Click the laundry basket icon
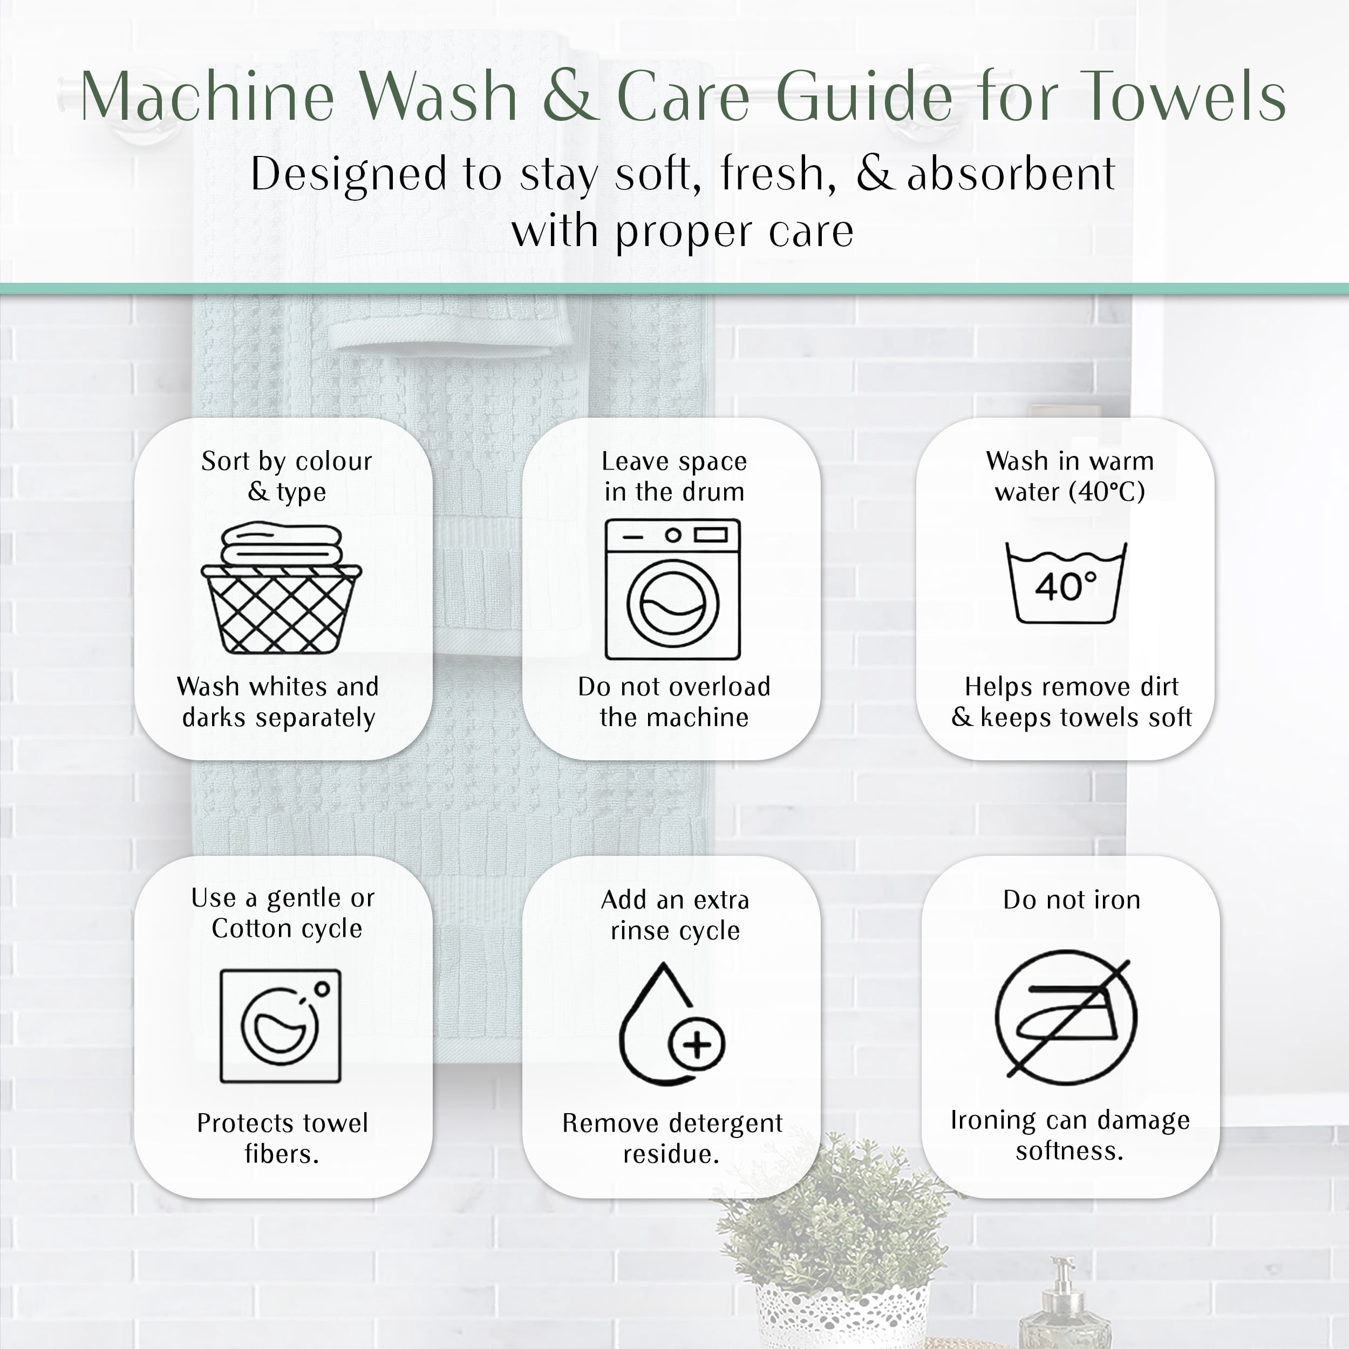tap(281, 588)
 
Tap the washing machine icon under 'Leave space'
tap(673, 589)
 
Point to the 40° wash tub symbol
tap(1066, 583)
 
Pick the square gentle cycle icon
tap(281, 1026)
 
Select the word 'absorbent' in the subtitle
tap(1011, 174)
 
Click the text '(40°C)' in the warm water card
tap(1107, 492)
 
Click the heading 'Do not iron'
tap(1072, 900)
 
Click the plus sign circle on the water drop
tap(697, 1045)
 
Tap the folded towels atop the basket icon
tap(281, 544)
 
